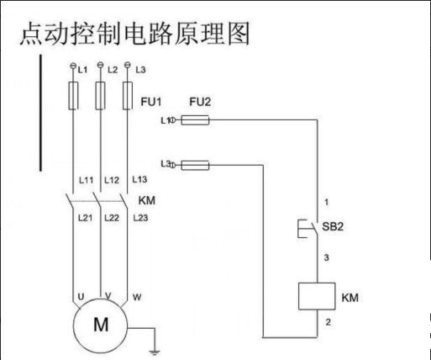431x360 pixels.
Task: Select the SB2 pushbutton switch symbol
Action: (x=308, y=229)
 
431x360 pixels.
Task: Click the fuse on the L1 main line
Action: (x=73, y=96)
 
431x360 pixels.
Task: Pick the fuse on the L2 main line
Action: (x=100, y=96)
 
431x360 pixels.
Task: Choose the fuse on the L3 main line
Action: (x=128, y=96)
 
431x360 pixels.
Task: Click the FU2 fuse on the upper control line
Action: (x=195, y=120)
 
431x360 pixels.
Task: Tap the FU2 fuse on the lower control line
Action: (x=195, y=166)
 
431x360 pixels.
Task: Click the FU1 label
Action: (x=151, y=102)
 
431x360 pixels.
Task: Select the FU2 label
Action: (x=200, y=102)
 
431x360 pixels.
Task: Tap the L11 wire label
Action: (x=86, y=180)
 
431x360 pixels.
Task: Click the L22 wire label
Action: (x=112, y=218)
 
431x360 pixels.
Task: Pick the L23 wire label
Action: (x=140, y=218)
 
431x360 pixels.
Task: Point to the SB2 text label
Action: (x=333, y=226)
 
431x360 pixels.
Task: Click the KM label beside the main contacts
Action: (x=147, y=200)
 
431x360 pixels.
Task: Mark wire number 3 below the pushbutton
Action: (x=326, y=257)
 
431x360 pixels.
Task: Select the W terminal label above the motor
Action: (x=137, y=297)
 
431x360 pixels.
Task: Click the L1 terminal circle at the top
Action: (x=73, y=66)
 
